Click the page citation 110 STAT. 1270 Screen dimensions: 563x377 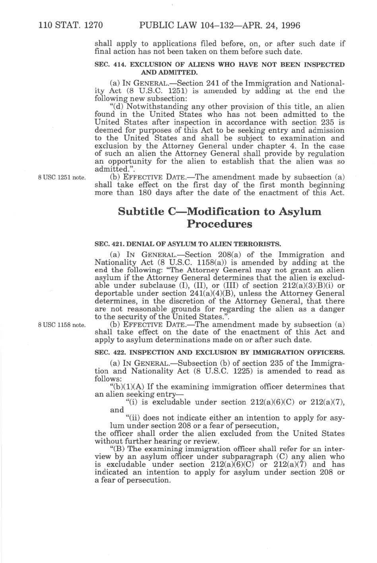click(x=71, y=26)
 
